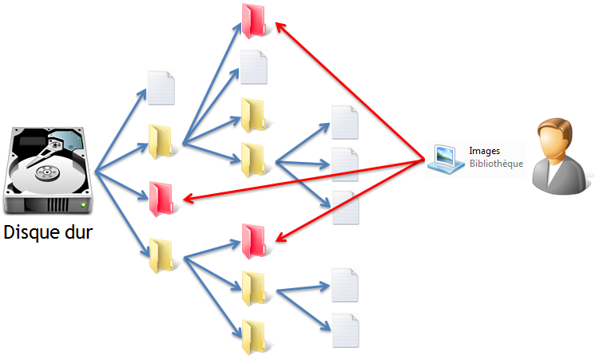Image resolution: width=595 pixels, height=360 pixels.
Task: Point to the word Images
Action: click(x=484, y=150)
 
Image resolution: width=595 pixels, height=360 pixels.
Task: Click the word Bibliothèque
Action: click(x=496, y=164)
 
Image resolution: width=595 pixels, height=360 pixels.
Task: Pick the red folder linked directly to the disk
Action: click(x=162, y=197)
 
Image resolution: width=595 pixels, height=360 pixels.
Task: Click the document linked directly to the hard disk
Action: click(x=161, y=87)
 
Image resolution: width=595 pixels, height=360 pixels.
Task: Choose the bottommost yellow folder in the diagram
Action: click(x=254, y=336)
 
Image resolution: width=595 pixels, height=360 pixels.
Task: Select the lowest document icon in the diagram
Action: click(x=345, y=329)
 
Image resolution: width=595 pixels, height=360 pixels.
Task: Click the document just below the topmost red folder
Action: click(x=254, y=67)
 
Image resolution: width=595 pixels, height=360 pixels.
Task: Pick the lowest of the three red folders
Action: click(x=254, y=240)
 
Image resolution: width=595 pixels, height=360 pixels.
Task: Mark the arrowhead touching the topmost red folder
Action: click(x=280, y=25)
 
